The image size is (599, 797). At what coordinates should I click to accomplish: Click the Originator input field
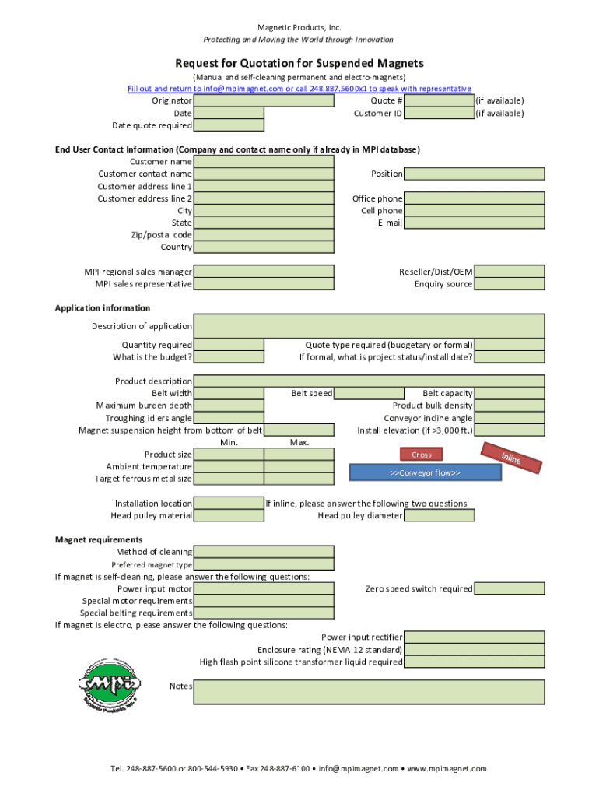pyautogui.click(x=229, y=100)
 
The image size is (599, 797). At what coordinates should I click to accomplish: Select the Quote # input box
pyautogui.click(x=440, y=100)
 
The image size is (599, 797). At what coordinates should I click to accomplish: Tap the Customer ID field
pyautogui.click(x=440, y=113)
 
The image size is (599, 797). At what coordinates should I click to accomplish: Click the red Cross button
pyautogui.click(x=421, y=455)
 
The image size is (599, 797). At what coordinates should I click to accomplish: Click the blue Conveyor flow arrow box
pyautogui.click(x=425, y=472)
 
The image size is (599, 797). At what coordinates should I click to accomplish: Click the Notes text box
pyautogui.click(x=369, y=692)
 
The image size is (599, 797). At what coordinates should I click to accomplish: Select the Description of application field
pyautogui.click(x=369, y=326)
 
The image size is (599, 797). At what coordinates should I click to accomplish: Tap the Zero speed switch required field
pyautogui.click(x=509, y=588)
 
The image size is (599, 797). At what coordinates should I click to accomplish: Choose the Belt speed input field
pyautogui.click(x=369, y=394)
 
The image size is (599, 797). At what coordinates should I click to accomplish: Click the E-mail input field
pyautogui.click(x=474, y=223)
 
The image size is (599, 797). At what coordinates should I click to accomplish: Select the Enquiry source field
pyautogui.click(x=509, y=284)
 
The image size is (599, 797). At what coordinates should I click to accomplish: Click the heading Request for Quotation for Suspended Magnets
pyautogui.click(x=299, y=63)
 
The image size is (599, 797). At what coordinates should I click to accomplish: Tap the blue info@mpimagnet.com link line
pyautogui.click(x=299, y=89)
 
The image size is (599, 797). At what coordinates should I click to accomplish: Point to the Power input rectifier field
pyautogui.click(x=474, y=637)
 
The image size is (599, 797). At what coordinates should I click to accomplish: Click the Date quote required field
pyautogui.click(x=229, y=125)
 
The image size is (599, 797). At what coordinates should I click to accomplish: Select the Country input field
pyautogui.click(x=264, y=247)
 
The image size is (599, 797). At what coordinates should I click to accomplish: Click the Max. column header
pyautogui.click(x=299, y=442)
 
